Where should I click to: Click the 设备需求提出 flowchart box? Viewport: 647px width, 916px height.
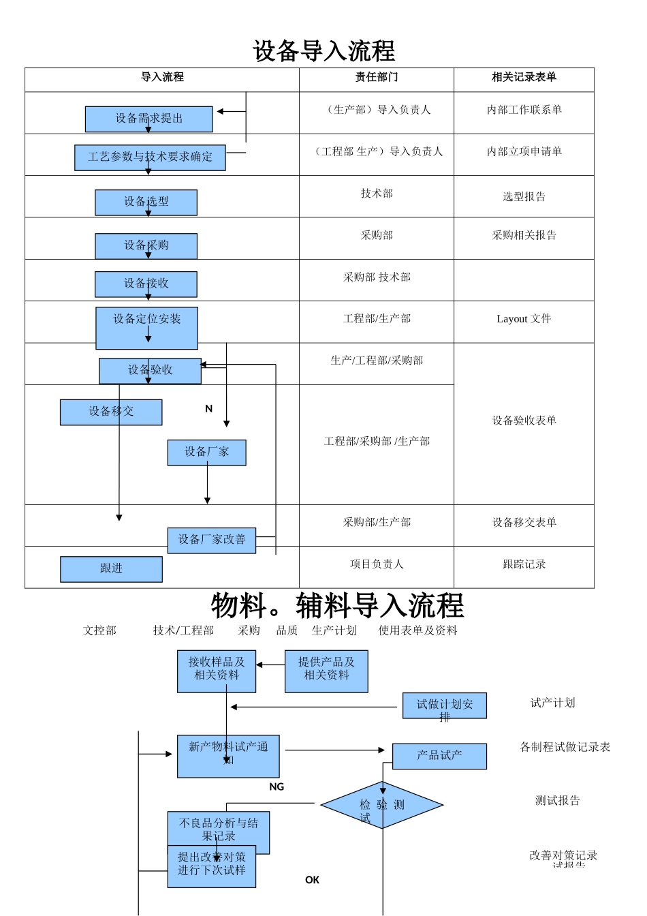(148, 119)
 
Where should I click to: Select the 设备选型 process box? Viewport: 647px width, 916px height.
(146, 202)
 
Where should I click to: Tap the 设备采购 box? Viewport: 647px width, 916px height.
(146, 246)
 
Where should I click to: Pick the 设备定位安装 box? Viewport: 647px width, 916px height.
(146, 328)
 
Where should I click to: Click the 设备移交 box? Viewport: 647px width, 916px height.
(111, 412)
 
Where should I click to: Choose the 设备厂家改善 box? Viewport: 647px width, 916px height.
(212, 540)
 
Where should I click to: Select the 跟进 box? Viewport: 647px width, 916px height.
(111, 569)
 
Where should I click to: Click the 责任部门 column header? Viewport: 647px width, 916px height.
(377, 78)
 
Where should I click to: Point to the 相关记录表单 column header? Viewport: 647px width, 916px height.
(524, 78)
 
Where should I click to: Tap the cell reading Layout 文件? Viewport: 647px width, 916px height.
(524, 319)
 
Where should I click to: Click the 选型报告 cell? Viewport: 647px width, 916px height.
(524, 197)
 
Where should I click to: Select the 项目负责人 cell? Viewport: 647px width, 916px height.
(377, 564)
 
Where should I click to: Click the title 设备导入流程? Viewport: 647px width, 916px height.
(323, 51)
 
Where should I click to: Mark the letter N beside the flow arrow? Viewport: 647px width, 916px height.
(208, 409)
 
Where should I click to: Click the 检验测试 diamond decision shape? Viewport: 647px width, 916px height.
(382, 805)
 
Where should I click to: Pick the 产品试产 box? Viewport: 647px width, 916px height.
(439, 756)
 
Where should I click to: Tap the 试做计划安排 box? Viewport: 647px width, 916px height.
(444, 705)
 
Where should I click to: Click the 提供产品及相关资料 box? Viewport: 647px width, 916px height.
(326, 671)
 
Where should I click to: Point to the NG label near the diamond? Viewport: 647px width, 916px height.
(277, 787)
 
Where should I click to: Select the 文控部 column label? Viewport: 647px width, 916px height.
(99, 630)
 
